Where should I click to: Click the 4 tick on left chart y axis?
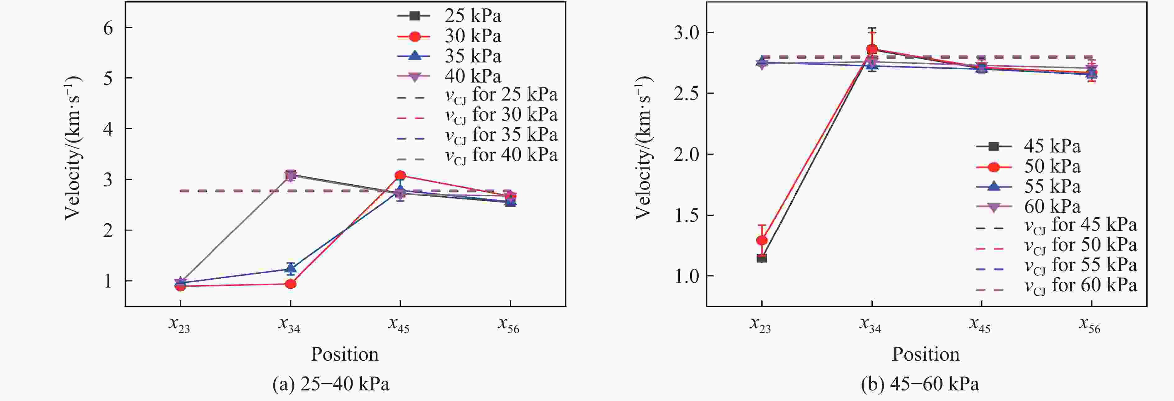pos(108,129)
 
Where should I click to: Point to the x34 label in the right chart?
pos(870,325)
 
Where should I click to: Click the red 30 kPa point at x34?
pos(290,284)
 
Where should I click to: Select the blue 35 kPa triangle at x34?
pos(290,268)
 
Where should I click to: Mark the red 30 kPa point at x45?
pos(400,175)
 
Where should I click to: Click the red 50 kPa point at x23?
pos(761,240)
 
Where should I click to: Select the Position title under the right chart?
pos(925,354)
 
